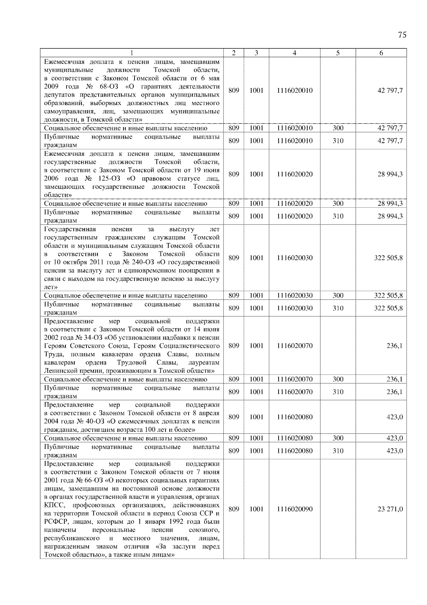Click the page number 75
[x=402, y=35]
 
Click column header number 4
[x=294, y=53]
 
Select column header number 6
[x=381, y=53]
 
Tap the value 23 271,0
[x=390, y=509]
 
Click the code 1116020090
[x=294, y=509]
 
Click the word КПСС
[x=54, y=505]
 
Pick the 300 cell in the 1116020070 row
[x=338, y=379]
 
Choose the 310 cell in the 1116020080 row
[x=338, y=451]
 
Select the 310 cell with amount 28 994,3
[x=338, y=216]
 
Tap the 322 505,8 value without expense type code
[x=388, y=258]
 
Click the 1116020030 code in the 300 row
[x=294, y=296]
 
